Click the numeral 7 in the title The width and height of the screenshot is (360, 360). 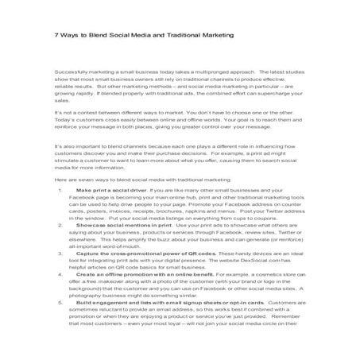point(56,35)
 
